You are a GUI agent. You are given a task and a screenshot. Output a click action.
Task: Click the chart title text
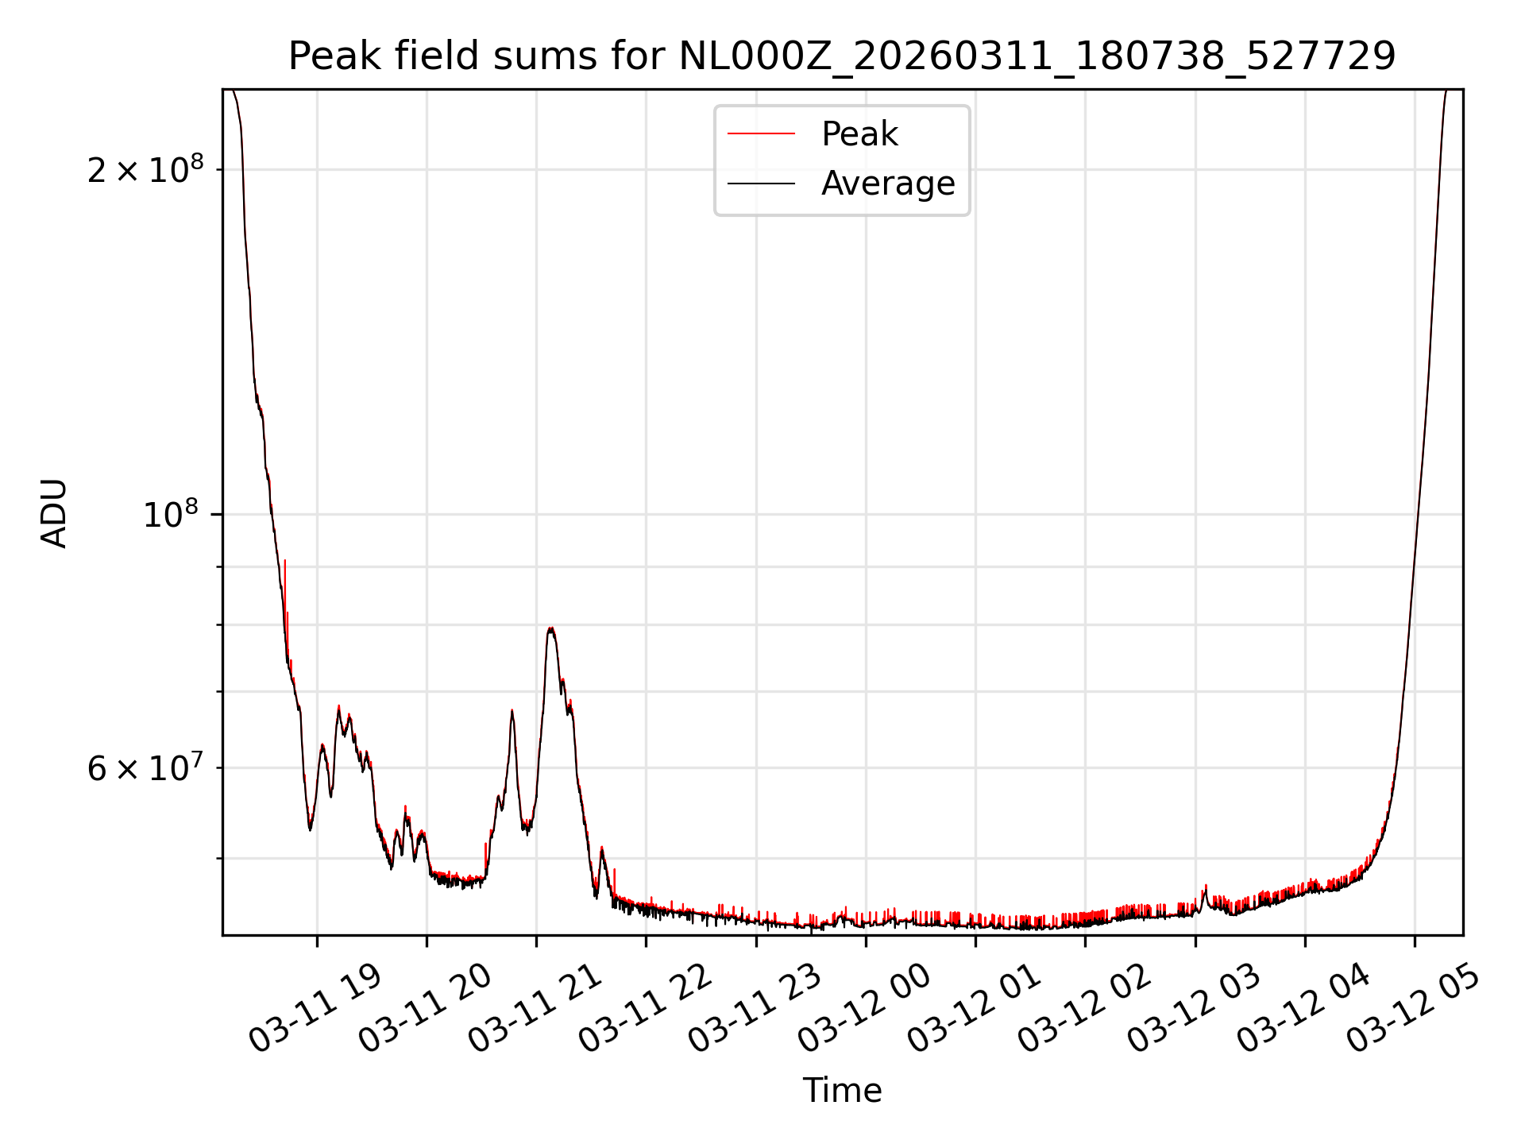click(x=842, y=56)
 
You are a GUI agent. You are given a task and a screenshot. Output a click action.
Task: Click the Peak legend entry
click(x=859, y=134)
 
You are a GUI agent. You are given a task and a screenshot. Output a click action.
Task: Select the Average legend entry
click(x=887, y=184)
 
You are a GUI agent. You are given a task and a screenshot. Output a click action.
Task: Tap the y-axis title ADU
click(x=54, y=513)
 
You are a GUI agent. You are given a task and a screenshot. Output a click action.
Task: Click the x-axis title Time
click(x=842, y=1091)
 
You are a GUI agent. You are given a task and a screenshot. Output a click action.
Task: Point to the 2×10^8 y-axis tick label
click(x=145, y=169)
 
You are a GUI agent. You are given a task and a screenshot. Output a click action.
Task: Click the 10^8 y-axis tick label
click(x=173, y=515)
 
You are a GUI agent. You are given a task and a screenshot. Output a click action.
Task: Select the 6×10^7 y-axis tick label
click(x=145, y=768)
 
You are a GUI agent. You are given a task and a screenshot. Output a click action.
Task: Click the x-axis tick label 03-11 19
click(x=315, y=1009)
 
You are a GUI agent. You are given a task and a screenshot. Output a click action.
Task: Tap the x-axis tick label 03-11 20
click(x=425, y=1009)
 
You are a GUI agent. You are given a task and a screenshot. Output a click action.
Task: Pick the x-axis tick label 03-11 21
click(x=535, y=1009)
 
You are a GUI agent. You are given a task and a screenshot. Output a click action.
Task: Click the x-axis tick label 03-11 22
click(x=644, y=1009)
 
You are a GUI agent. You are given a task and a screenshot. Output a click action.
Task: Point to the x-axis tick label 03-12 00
click(x=864, y=1009)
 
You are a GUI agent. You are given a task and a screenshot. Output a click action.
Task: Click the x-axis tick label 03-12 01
click(x=974, y=1009)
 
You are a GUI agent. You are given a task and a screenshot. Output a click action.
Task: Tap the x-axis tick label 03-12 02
click(x=1083, y=1009)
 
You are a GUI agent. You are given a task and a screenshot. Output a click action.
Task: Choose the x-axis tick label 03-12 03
click(x=1194, y=1009)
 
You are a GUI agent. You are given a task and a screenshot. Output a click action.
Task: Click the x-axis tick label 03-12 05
click(x=1413, y=1009)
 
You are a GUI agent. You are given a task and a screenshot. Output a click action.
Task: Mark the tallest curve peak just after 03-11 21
click(x=550, y=628)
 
